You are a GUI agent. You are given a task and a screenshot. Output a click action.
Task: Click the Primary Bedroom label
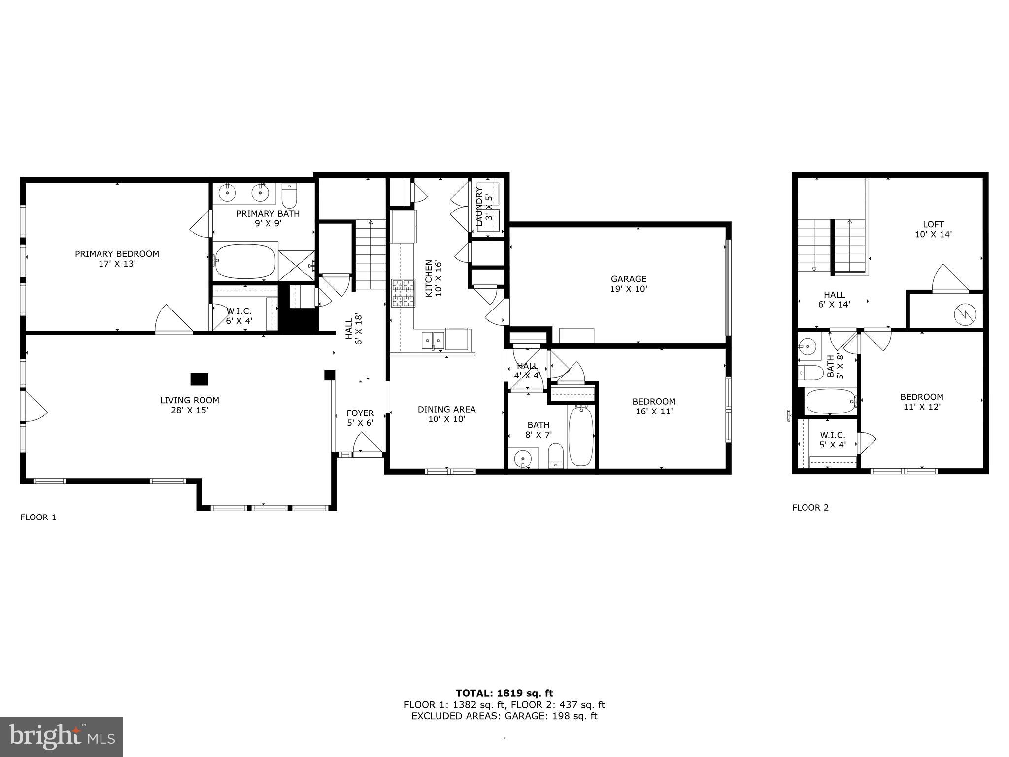[117, 259]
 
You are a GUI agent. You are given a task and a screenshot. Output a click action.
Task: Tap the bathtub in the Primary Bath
[245, 262]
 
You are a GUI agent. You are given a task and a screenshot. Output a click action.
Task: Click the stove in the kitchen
[403, 293]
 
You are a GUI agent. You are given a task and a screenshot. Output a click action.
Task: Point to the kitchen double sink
[433, 339]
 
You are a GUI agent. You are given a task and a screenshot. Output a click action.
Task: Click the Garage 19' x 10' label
[628, 284]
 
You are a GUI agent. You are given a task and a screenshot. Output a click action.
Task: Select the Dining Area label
[446, 414]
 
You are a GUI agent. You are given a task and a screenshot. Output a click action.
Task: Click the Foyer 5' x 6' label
[360, 418]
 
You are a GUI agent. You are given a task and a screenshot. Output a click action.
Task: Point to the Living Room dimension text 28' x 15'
[189, 410]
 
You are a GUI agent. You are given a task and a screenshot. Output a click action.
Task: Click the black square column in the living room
[200, 379]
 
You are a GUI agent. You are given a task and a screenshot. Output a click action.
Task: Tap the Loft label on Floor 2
[933, 229]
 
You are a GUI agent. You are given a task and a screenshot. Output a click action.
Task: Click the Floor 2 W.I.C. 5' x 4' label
[833, 440]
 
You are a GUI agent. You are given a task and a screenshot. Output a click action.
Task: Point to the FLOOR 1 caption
[38, 517]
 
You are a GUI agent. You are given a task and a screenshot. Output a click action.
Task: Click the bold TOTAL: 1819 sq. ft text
[504, 693]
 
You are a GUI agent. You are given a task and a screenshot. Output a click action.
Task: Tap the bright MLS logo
[62, 736]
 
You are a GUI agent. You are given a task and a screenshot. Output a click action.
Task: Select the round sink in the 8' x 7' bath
[522, 459]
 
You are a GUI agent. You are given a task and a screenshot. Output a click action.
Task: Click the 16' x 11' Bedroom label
[654, 406]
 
